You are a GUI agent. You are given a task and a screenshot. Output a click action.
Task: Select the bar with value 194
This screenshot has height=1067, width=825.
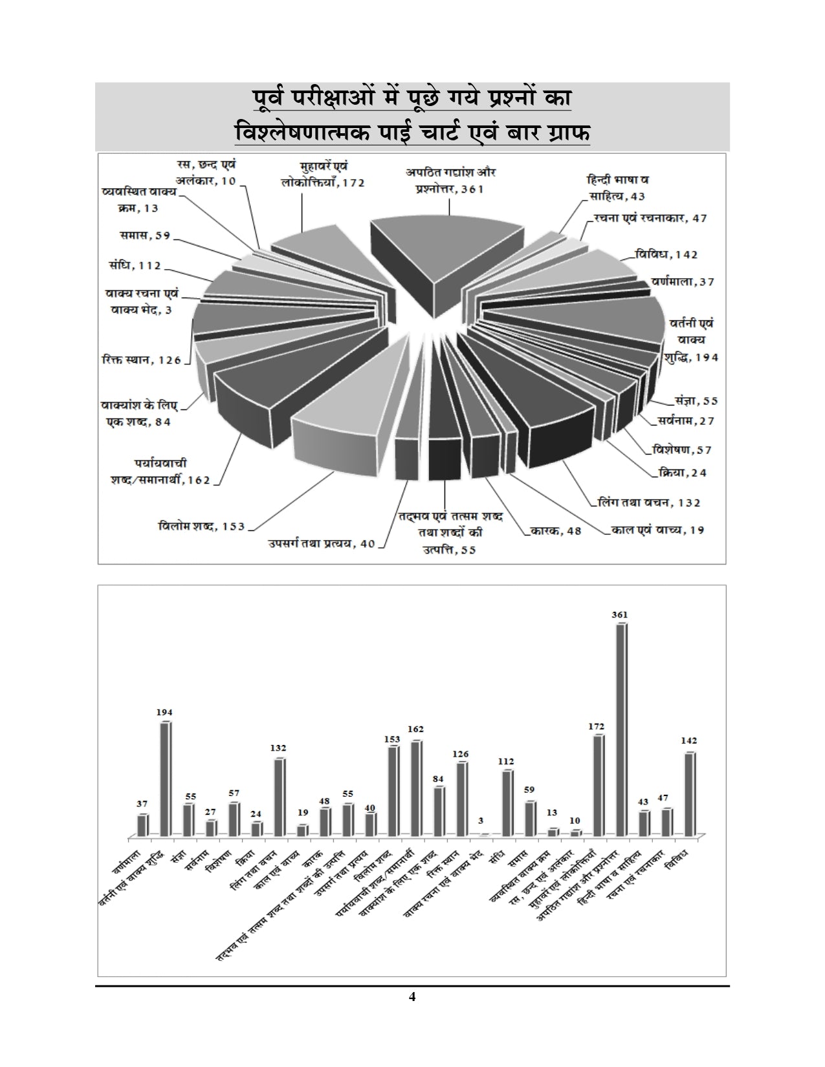[x=165, y=779]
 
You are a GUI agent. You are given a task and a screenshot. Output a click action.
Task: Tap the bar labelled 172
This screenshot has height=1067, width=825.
[x=599, y=785]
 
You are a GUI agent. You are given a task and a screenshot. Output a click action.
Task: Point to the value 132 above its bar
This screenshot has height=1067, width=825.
[x=278, y=748]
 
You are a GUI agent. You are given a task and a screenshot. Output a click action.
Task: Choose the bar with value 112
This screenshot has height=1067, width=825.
[x=507, y=803]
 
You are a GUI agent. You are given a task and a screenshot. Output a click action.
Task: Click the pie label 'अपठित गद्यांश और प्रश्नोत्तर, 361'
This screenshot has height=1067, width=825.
[x=451, y=181]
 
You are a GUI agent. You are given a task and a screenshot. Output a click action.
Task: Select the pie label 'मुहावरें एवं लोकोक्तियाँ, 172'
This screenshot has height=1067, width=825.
[x=324, y=175]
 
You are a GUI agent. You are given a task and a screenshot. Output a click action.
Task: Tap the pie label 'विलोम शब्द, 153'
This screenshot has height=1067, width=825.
[x=202, y=526]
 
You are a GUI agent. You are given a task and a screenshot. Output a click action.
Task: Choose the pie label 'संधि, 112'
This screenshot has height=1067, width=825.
[x=135, y=265]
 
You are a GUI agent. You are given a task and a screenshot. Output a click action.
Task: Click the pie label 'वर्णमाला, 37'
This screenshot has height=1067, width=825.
[x=683, y=282]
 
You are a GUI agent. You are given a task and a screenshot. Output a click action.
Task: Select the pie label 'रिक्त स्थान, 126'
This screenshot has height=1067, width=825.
[x=141, y=360]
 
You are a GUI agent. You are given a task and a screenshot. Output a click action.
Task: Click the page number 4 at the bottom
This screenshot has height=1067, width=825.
[x=412, y=997]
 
